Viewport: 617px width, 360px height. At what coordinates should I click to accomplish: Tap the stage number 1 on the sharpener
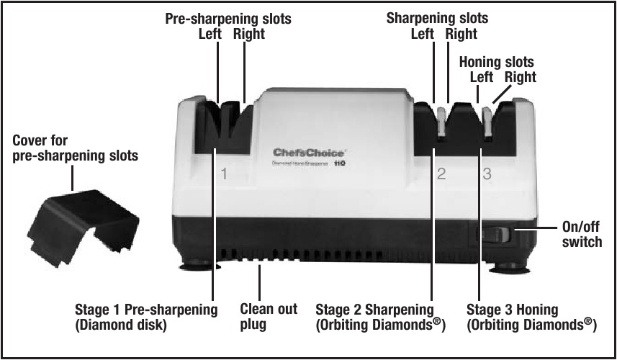[x=224, y=174]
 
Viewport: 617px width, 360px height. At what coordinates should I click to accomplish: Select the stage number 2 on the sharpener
[x=441, y=174]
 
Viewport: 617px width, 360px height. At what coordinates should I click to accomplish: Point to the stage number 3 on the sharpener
[x=487, y=174]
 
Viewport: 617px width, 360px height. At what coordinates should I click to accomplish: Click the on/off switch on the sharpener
[x=495, y=235]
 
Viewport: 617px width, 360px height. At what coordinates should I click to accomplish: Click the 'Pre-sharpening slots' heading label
[x=229, y=19]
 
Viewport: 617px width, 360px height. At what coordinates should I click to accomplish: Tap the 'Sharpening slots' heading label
[x=437, y=18]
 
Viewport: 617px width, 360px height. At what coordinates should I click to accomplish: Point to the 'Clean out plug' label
[x=268, y=317]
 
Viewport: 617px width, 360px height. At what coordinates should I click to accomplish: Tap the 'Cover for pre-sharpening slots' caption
[x=76, y=147]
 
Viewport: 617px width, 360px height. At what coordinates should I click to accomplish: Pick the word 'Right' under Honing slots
[x=520, y=77]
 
